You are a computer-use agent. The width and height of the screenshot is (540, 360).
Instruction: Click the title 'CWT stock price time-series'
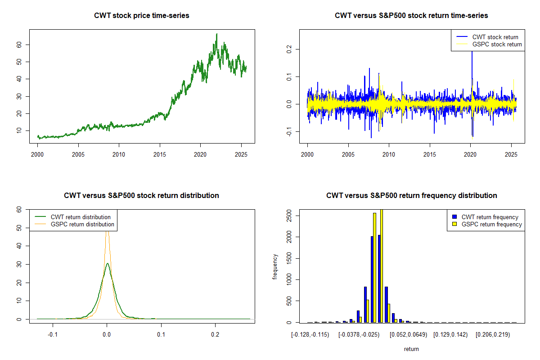click(142, 15)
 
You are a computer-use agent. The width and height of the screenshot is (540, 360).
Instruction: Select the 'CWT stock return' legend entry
click(495, 37)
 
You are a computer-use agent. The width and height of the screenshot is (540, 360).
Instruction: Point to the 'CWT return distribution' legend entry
click(81, 217)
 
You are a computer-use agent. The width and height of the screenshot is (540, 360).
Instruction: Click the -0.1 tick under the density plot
click(53, 335)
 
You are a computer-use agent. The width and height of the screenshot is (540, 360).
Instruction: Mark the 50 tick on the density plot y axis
click(19, 228)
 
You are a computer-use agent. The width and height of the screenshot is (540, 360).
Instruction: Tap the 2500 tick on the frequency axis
click(288, 216)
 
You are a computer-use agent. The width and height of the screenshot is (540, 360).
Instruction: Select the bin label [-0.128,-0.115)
click(310, 335)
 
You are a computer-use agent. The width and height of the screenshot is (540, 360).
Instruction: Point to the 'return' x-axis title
click(411, 349)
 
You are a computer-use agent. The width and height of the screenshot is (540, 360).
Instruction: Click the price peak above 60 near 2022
click(216, 34)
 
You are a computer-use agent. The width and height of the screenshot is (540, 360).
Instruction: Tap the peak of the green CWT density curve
click(107, 264)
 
